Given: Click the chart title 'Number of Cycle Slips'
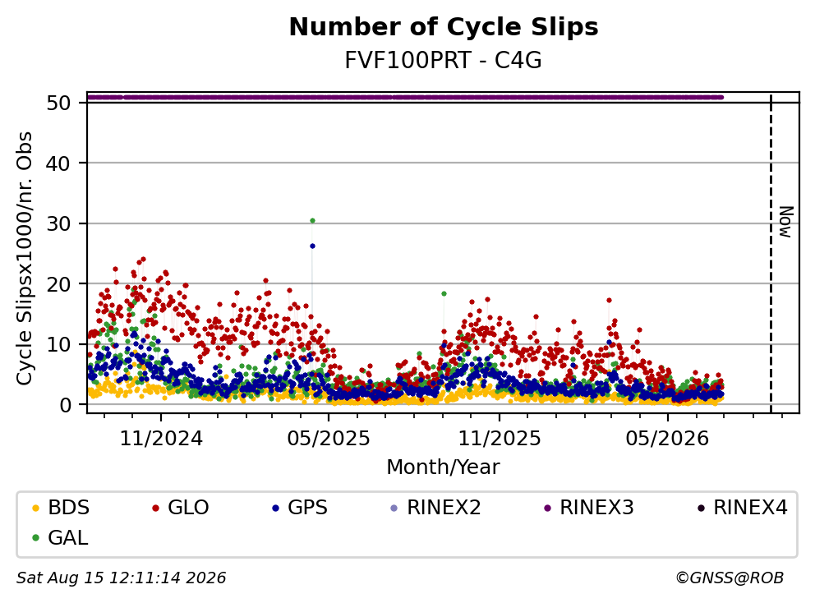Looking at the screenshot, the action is point(444,27).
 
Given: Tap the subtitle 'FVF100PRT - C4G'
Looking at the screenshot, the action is point(444,61).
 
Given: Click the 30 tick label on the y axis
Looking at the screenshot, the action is point(58,223).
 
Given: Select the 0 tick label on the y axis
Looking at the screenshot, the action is point(66,404).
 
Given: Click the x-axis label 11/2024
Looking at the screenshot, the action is point(161,439).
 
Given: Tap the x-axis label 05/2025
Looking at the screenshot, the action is point(329,439).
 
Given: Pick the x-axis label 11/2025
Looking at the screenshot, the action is point(499,439).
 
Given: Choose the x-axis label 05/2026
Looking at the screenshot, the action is point(667,439).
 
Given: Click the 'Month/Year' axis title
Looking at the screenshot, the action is point(444,467).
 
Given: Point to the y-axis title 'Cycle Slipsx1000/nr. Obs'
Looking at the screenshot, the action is point(25,258).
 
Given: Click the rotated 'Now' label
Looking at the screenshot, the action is point(786,222).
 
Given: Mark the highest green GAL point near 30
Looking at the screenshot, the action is point(312,220).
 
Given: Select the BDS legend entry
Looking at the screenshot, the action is point(62,508).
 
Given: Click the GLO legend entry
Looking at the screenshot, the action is point(182,508).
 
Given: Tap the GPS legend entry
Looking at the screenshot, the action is point(301,508).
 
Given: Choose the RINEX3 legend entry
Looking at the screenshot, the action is point(589,508).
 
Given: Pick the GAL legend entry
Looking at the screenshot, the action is point(61,537).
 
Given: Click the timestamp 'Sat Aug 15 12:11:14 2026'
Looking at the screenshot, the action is point(122,578).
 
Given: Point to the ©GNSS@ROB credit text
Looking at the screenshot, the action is point(730,578).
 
